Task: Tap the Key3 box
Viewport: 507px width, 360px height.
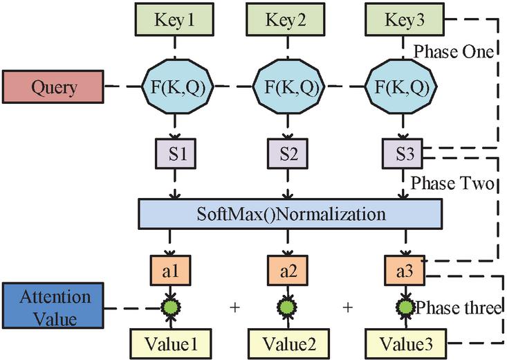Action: coord(405,21)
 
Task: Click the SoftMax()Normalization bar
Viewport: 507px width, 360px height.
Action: coord(289,214)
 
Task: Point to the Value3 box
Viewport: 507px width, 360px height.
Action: coord(405,341)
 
